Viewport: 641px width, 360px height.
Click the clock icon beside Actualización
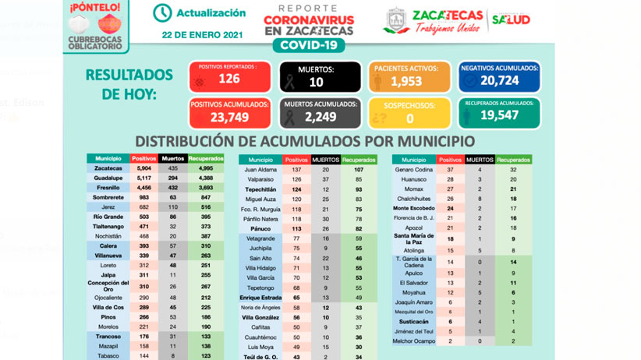coord(162,13)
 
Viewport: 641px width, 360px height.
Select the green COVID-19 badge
coord(309,46)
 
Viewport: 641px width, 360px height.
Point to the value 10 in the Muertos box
coord(315,82)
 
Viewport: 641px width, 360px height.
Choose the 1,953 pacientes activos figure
coord(406,82)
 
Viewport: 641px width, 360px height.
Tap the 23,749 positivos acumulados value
coord(228,117)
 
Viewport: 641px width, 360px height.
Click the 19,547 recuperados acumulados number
coord(500,116)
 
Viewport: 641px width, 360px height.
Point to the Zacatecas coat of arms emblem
coord(397,21)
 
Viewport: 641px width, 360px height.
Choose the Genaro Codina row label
coord(414,169)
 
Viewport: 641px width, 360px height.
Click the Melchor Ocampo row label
coord(414,341)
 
